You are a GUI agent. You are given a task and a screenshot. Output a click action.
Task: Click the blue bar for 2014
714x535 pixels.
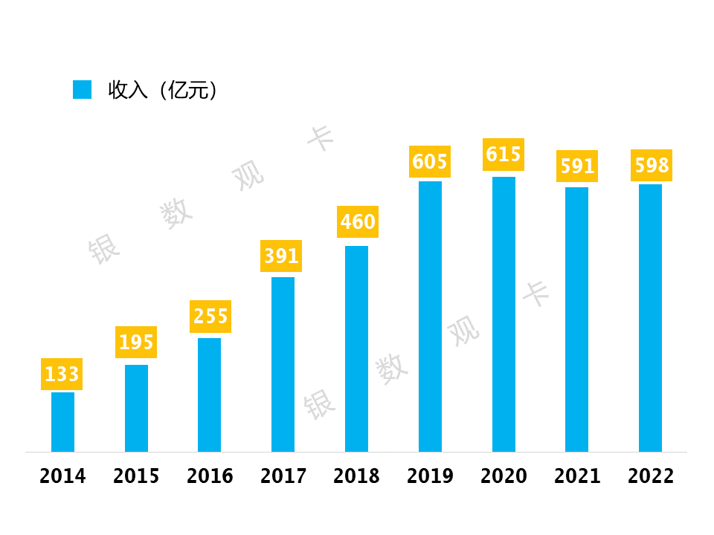pos(62,421)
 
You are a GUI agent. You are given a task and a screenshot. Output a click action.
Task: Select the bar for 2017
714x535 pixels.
pos(283,364)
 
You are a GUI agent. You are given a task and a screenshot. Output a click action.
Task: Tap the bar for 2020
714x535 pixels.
pos(504,314)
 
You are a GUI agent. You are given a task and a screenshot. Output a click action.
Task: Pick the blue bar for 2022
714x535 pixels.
pos(650,317)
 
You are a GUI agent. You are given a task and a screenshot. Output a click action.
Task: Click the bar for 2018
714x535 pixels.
pos(356,348)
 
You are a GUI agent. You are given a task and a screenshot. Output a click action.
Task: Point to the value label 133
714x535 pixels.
pos(62,374)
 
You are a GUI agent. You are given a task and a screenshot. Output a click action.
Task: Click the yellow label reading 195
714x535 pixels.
pos(136,342)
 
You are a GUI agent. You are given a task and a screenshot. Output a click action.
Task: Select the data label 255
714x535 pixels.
pos(210,317)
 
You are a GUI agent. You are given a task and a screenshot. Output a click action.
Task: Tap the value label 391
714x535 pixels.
pos(282,256)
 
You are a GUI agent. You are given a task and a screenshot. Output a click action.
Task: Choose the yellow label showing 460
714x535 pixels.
pos(358,221)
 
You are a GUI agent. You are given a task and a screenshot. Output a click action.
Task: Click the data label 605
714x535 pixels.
pos(430,161)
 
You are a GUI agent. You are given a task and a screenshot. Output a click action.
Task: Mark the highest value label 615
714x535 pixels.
pos(504,154)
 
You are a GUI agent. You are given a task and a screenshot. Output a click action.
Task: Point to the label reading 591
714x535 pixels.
pos(577,166)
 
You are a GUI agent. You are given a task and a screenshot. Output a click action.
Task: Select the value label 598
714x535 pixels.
pos(652,165)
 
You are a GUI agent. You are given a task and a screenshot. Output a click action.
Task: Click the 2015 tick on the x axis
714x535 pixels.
pos(136,476)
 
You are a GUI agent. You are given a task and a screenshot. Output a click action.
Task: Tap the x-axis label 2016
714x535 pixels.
pos(210,476)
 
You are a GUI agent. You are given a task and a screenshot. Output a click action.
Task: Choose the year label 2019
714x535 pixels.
pos(430,476)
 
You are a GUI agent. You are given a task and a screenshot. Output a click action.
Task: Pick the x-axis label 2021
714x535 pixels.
pos(577,476)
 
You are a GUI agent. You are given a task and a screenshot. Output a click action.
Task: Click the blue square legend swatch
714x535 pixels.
pos(82,90)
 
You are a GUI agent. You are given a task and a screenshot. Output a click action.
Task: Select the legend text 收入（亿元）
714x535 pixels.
pos(163,91)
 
